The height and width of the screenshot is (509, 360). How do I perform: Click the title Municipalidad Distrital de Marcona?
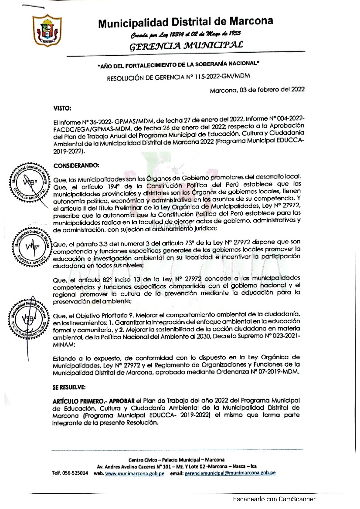[185, 22]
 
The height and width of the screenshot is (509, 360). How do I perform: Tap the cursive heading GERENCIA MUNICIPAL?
[183, 45]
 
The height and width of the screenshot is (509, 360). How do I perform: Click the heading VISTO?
[62, 106]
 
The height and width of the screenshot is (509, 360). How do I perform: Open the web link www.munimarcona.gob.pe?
[135, 473]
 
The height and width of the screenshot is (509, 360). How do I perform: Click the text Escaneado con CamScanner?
[274, 499]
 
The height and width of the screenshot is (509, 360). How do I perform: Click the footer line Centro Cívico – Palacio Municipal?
[177, 460]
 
